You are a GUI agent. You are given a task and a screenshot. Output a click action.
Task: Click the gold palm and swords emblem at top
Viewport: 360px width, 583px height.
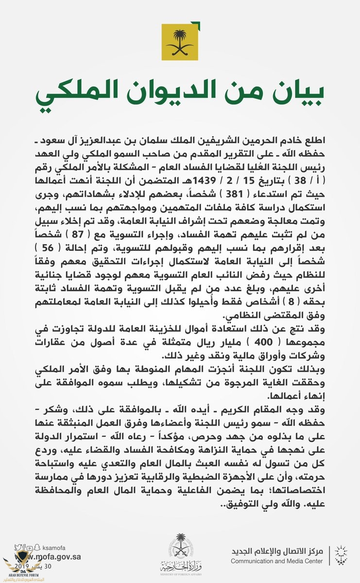(180, 43)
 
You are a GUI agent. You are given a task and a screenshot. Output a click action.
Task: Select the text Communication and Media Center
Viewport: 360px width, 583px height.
(276, 561)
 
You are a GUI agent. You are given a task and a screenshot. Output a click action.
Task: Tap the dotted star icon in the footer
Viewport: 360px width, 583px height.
(342, 555)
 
